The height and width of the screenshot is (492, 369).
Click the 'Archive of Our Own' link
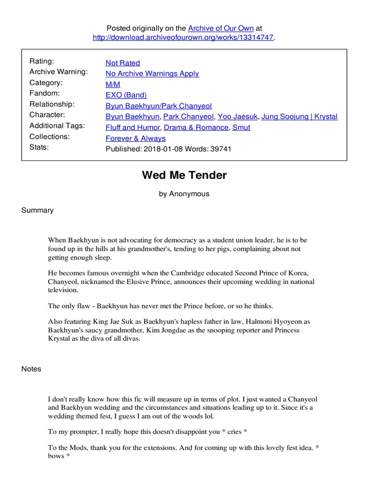pos(221,28)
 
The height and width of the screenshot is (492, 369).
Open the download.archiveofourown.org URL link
pos(184,38)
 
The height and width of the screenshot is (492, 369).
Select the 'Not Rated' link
pos(123,63)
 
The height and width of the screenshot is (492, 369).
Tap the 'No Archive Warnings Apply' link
pos(152,74)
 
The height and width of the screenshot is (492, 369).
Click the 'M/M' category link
pos(113,84)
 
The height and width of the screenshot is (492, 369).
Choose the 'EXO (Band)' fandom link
pos(126,95)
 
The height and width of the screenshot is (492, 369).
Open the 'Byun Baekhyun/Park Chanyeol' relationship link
pos(159,106)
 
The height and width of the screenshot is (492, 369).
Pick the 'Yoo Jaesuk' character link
pos(237,117)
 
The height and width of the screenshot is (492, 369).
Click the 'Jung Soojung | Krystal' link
pos(299,117)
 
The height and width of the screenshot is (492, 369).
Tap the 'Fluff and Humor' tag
pos(133,127)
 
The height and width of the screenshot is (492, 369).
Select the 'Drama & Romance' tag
pos(196,127)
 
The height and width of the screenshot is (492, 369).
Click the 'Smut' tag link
pos(241,127)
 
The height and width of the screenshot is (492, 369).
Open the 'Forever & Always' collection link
pos(135,138)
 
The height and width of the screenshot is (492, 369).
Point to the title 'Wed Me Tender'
pos(184,175)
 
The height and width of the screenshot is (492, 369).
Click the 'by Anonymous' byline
pos(184,194)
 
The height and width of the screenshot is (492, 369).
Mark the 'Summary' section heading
pos(37,210)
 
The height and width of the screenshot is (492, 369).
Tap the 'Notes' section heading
pos(31,369)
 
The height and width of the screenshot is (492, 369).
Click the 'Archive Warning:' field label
pos(59,72)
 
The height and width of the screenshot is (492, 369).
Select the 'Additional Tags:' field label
pos(57,125)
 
